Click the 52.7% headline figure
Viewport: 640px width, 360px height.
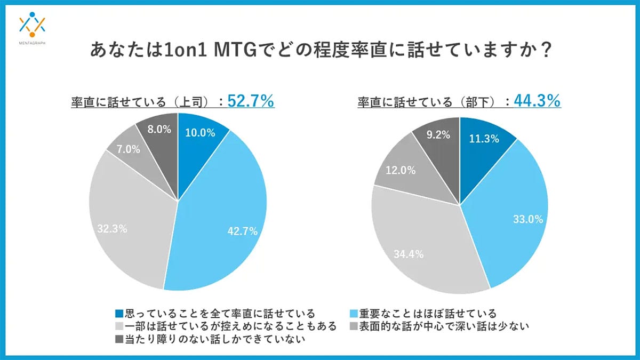click(x=251, y=100)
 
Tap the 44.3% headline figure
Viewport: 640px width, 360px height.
click(x=537, y=100)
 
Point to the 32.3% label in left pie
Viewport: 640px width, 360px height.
click(x=111, y=228)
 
